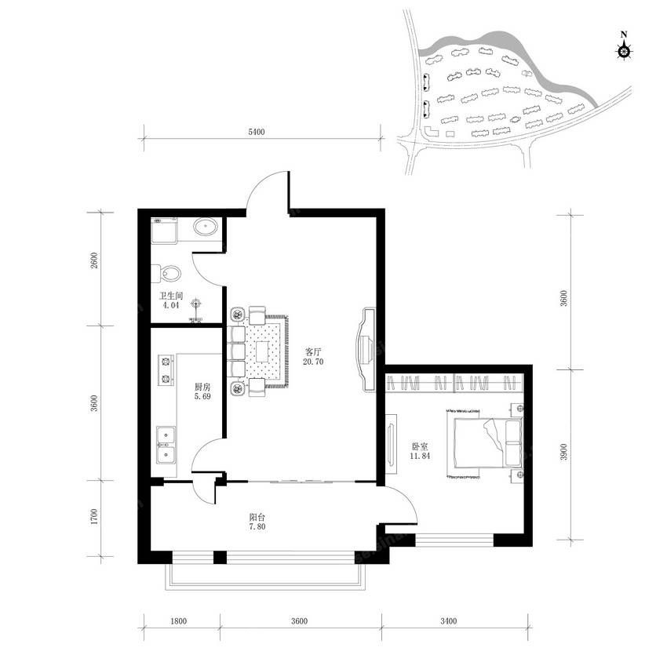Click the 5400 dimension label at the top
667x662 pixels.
pyautogui.click(x=257, y=132)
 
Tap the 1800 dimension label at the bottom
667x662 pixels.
pyautogui.click(x=179, y=621)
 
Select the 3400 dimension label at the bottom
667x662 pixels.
pyautogui.click(x=448, y=621)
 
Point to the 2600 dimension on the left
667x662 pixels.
pyautogui.click(x=94, y=260)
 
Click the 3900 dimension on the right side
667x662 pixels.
pyautogui.click(x=563, y=452)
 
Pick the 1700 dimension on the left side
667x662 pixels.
pyautogui.click(x=94, y=516)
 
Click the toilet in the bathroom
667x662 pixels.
pyautogui.click(x=166, y=274)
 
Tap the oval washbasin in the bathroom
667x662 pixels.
pyautogui.click(x=206, y=227)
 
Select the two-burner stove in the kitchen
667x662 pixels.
pyautogui.click(x=166, y=370)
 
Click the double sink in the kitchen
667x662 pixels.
pyautogui.click(x=166, y=446)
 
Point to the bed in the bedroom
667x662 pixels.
pyautogui.click(x=484, y=443)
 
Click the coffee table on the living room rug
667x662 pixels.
pyautogui.click(x=262, y=351)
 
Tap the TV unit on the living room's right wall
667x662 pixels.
pyautogui.click(x=365, y=350)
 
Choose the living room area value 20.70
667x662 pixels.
pyautogui.click(x=313, y=362)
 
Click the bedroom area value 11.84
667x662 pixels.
pyautogui.click(x=420, y=456)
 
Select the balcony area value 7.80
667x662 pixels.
pyautogui.click(x=257, y=526)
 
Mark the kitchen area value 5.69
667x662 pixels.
pyautogui.click(x=202, y=396)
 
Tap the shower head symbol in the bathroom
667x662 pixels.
pyautogui.click(x=195, y=304)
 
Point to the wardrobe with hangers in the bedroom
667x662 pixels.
pyautogui.click(x=454, y=383)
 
